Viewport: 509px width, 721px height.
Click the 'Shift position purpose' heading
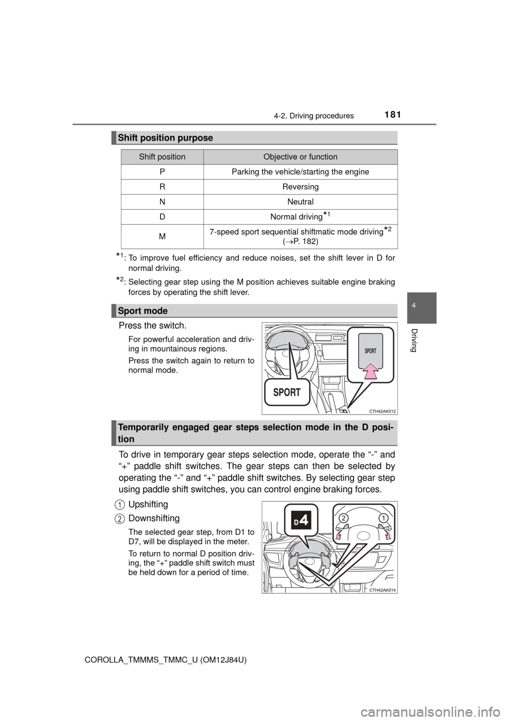[165, 138]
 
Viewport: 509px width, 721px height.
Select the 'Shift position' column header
[162, 157]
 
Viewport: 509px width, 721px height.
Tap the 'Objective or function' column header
[300, 157]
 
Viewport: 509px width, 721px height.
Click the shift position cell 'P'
[162, 172]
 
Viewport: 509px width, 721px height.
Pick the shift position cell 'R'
[162, 187]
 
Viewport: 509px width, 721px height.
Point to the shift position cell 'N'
[162, 202]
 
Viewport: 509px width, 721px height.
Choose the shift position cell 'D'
[162, 217]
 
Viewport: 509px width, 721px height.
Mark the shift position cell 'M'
[162, 237]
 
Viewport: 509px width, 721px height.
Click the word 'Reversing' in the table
[300, 187]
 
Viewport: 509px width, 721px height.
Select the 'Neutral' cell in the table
[300, 202]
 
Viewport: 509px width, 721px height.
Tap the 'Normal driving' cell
[296, 217]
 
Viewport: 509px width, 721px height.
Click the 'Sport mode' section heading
[143, 311]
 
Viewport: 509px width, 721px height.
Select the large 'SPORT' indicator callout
[287, 393]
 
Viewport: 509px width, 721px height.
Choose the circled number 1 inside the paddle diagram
[383, 517]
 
